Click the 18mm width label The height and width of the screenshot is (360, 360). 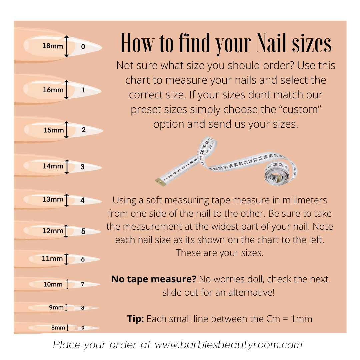pyautogui.click(x=53, y=46)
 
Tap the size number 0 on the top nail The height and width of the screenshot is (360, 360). pyautogui.click(x=83, y=47)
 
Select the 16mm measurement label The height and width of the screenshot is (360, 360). pyautogui.click(x=53, y=90)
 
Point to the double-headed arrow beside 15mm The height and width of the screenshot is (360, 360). pyautogui.click(x=66, y=130)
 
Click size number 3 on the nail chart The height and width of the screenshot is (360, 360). pyautogui.click(x=83, y=167)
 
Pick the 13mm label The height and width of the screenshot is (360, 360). pyautogui.click(x=53, y=199)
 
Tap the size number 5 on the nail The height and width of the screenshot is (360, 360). pyautogui.click(x=83, y=231)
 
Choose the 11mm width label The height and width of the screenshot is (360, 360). pyautogui.click(x=52, y=259)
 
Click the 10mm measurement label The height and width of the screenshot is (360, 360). pyautogui.click(x=53, y=284)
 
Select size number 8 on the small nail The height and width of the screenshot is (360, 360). pyautogui.click(x=83, y=308)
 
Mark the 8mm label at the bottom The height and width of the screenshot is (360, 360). pyautogui.click(x=58, y=328)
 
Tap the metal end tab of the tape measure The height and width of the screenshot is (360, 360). pyautogui.click(x=160, y=182)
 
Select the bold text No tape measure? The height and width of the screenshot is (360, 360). pyautogui.click(x=154, y=279)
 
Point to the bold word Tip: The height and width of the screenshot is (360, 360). pyautogui.click(x=135, y=319)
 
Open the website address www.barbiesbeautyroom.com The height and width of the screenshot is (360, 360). pyautogui.click(x=228, y=345)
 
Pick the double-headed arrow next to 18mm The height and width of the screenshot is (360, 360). pyautogui.click(x=66, y=46)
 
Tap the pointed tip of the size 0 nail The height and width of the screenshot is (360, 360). pyautogui.click(x=102, y=48)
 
